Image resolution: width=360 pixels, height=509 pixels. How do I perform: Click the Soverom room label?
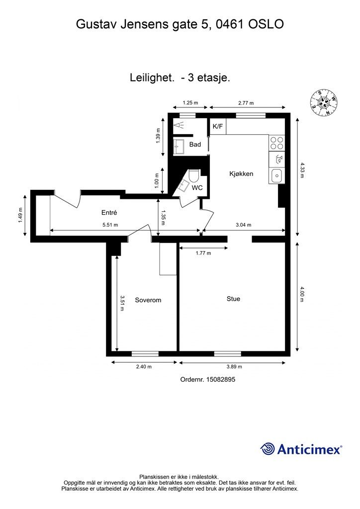[148, 300]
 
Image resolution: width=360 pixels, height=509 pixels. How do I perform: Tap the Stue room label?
[233, 299]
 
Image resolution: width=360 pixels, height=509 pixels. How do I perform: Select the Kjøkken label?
[241, 173]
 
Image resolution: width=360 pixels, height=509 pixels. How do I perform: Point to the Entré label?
[109, 213]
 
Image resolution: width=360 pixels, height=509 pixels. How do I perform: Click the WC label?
[197, 187]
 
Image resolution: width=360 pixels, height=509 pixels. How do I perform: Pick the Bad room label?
[195, 145]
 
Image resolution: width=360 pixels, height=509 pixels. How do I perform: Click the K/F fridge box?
[218, 126]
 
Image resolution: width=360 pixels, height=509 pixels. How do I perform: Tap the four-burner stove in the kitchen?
[277, 143]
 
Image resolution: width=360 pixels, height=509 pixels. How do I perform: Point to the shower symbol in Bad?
[179, 124]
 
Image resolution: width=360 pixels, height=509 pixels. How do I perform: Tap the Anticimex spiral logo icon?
[268, 449]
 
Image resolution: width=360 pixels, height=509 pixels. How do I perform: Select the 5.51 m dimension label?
[110, 225]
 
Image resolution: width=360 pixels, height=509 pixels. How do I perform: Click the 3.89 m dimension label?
[234, 367]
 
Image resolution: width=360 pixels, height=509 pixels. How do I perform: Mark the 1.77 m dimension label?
[203, 253]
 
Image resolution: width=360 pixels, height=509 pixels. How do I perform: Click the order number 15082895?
[221, 379]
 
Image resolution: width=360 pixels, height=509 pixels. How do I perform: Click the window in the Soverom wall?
[145, 354]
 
